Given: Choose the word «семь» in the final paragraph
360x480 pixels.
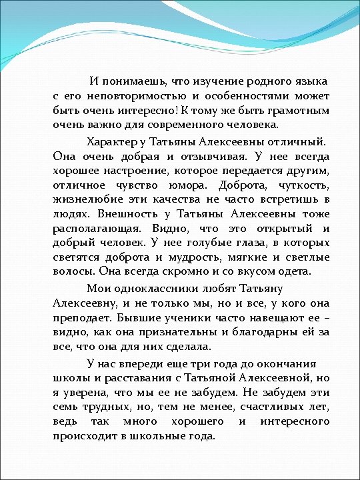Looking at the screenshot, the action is tap(64, 407).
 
